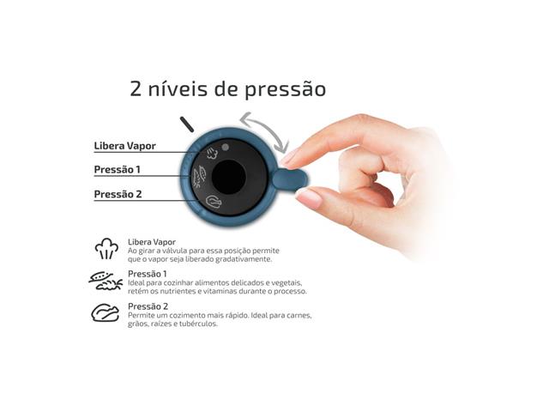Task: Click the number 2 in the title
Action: (x=136, y=89)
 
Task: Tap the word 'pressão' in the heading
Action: (x=284, y=90)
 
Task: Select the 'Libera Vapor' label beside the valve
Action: (x=124, y=146)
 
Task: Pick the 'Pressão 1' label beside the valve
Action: (x=118, y=170)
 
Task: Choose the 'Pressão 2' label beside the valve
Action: (x=118, y=194)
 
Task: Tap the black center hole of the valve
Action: (x=229, y=177)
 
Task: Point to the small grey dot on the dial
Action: (x=225, y=147)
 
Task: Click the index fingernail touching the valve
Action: (x=289, y=156)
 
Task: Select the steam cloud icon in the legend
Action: (x=106, y=250)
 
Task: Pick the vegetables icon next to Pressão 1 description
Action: (x=106, y=281)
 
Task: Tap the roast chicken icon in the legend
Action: (x=106, y=313)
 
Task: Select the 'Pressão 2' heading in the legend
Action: (x=148, y=306)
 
